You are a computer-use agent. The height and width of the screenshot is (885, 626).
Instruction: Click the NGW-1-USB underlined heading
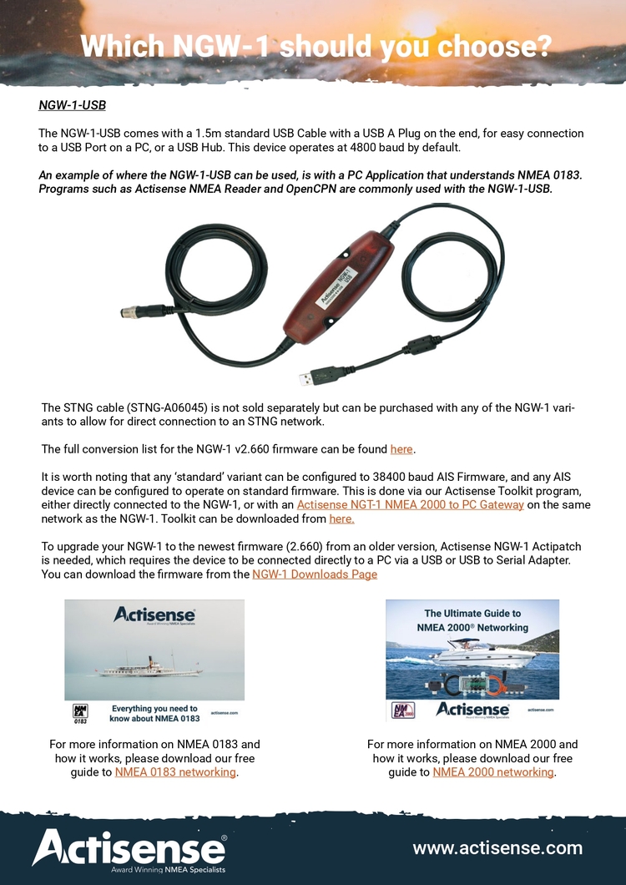point(72,106)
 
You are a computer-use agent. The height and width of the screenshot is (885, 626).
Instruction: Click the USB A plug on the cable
point(317,376)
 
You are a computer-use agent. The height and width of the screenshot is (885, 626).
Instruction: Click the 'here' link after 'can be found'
point(401,449)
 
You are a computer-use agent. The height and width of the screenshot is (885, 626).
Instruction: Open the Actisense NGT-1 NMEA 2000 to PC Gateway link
point(410,504)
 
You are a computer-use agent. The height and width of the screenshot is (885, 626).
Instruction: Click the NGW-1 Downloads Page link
point(315,574)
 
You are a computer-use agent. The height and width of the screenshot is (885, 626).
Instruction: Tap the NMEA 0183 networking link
point(175,772)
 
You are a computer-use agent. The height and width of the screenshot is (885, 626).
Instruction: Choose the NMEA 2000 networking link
point(493,772)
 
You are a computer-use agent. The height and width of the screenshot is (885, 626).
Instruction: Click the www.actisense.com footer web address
point(497,848)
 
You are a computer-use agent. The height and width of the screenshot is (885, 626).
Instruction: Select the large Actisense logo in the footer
point(129,849)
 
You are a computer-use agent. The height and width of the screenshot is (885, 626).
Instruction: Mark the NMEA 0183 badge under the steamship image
point(80,712)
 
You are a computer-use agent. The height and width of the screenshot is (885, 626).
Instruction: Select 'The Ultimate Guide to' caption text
point(472,613)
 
